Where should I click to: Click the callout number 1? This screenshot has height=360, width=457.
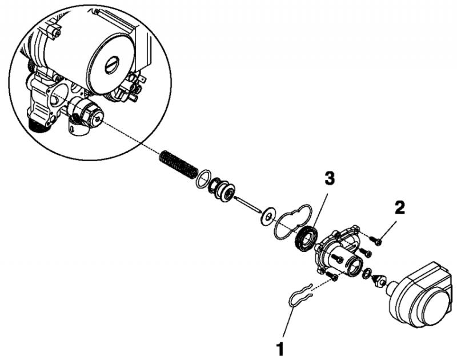click(x=280, y=349)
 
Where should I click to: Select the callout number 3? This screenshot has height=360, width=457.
click(x=330, y=178)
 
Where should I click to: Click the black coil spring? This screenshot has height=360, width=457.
click(x=178, y=165)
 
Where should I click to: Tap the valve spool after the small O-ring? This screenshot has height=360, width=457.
click(x=222, y=190)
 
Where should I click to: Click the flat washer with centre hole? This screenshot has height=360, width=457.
click(x=267, y=217)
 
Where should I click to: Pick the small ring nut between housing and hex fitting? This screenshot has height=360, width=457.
click(x=367, y=273)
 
